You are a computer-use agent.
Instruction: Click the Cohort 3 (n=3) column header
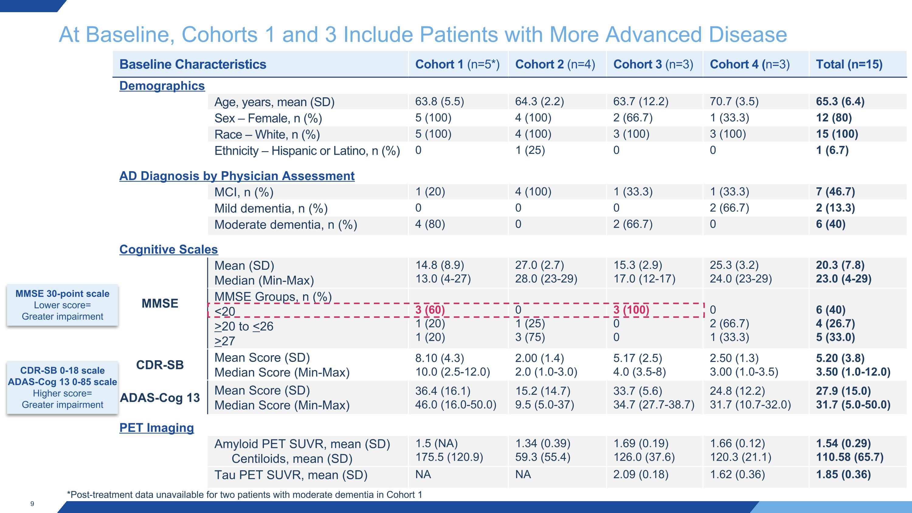tap(653, 64)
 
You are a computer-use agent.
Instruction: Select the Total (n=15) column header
tap(849, 64)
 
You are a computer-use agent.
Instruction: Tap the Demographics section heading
tap(162, 86)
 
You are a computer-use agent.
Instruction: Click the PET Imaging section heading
tap(157, 428)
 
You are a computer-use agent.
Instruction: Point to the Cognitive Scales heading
tap(168, 249)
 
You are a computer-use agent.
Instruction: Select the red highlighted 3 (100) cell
tap(631, 310)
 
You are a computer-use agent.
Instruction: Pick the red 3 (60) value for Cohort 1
tap(430, 310)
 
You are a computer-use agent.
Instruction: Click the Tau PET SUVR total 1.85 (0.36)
tap(843, 474)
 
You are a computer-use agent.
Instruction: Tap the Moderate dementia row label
tap(286, 224)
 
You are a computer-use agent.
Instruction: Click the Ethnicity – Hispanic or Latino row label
tap(307, 151)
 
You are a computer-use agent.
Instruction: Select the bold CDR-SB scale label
tap(160, 365)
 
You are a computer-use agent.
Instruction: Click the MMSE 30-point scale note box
tap(62, 305)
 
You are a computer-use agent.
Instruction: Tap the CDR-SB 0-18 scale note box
tap(62, 387)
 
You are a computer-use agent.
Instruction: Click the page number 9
tap(32, 504)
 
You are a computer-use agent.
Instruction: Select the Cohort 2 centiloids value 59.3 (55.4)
tap(543, 457)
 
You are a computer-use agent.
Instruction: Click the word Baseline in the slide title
tap(130, 34)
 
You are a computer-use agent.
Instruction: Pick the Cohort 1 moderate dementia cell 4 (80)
tap(430, 224)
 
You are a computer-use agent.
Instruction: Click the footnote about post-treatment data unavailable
tap(245, 494)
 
